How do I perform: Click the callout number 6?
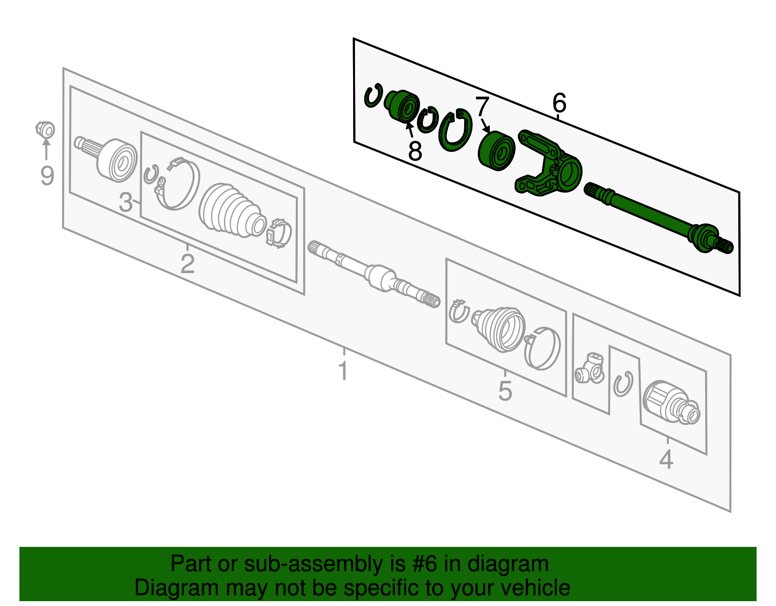[x=559, y=103]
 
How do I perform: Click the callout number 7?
[x=482, y=106]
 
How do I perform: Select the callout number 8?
[x=415, y=151]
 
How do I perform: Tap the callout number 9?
[x=47, y=175]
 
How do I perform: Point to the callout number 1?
[x=343, y=371]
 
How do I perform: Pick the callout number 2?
[x=187, y=264]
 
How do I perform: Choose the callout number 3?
[x=125, y=202]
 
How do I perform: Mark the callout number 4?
[x=666, y=459]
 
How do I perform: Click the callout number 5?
[x=505, y=391]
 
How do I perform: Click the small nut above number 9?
[x=45, y=130]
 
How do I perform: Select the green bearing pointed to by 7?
[x=496, y=150]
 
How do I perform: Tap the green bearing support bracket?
[x=548, y=165]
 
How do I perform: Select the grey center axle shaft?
[x=373, y=274]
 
